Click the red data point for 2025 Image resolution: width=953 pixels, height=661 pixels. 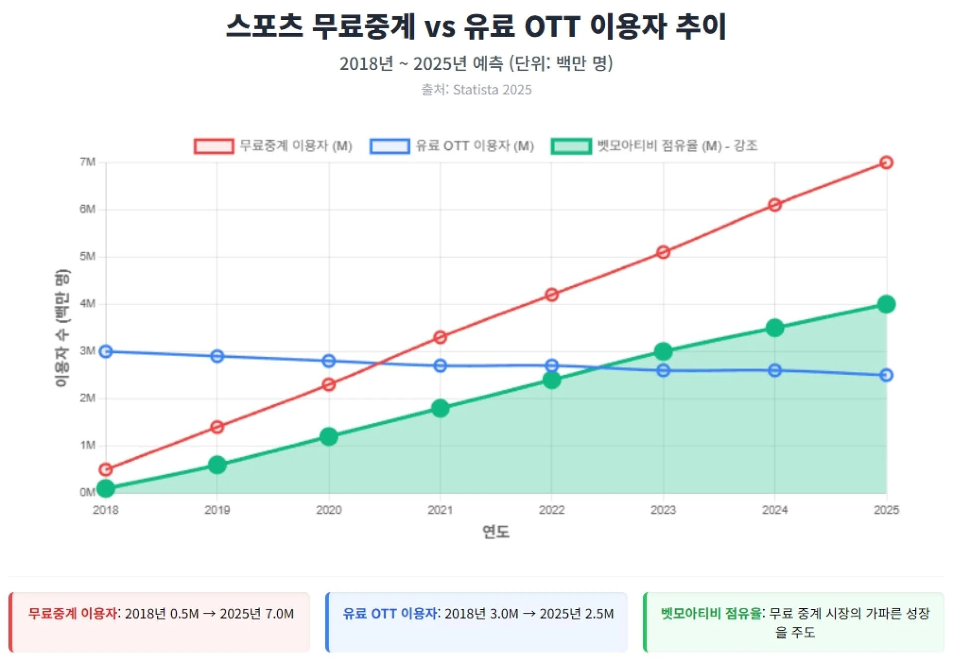point(886,163)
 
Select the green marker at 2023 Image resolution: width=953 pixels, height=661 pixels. point(663,352)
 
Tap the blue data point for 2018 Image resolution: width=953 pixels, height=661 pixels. point(106,352)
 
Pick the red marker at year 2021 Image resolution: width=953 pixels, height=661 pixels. point(440,338)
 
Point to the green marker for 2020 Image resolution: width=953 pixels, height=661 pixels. point(329,437)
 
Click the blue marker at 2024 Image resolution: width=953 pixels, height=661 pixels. point(775,370)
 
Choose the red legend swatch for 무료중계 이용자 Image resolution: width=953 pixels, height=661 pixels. point(214,146)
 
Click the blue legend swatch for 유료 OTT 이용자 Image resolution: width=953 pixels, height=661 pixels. point(390,146)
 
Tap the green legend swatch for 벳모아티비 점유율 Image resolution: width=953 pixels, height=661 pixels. point(571,146)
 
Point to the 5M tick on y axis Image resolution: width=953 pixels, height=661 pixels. point(87,257)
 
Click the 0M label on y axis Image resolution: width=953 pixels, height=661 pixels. point(87,492)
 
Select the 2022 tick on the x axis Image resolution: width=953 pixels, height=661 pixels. point(551,510)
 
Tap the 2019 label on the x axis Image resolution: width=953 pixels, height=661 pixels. point(217,510)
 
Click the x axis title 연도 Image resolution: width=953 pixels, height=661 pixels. point(495,532)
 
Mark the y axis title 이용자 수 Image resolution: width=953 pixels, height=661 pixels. point(62,327)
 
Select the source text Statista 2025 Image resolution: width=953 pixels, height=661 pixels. point(492,90)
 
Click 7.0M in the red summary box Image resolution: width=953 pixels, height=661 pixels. point(279,614)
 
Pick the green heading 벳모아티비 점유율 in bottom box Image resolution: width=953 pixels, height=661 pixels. point(711,613)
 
